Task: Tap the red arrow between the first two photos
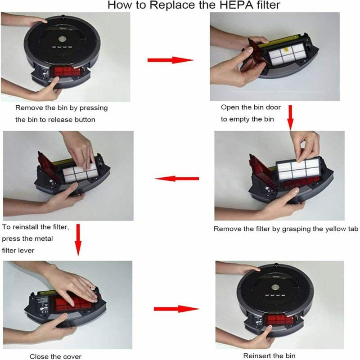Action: coord(171,60)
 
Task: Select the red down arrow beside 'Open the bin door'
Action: coord(290,117)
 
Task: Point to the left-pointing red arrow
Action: coord(177,179)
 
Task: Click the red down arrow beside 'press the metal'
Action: coord(78,240)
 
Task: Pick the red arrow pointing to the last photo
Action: coord(176,309)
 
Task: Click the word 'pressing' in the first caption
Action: coord(94,108)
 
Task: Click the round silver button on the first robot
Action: coord(62,39)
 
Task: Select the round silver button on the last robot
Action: coord(275,287)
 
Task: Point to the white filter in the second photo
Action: coord(287,54)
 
